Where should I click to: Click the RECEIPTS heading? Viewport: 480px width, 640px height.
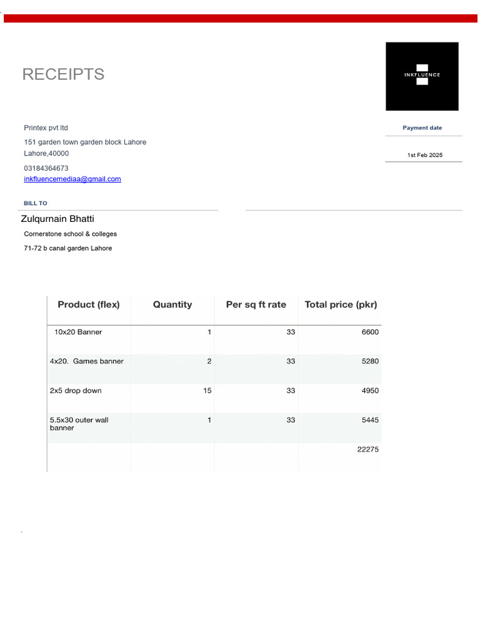coord(63,74)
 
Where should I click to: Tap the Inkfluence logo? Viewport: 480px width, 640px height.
coord(422,76)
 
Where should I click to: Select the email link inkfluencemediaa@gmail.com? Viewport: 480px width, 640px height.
coord(72,179)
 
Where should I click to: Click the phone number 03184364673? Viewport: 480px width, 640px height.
coord(46,168)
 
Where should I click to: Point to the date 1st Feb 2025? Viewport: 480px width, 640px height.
coord(424,155)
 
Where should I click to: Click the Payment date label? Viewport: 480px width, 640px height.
coord(422,127)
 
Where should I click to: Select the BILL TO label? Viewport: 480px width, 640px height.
coord(36,203)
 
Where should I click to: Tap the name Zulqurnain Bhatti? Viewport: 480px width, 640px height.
coord(57,219)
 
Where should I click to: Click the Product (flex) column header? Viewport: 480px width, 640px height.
coord(89,305)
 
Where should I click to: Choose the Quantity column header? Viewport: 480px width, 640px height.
coord(172,305)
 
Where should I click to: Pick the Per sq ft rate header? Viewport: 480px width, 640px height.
coord(256,305)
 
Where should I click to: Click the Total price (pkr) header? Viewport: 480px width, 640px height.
coord(341,305)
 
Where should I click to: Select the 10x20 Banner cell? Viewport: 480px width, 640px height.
coord(78,332)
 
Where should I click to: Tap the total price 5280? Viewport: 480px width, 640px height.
coord(370,361)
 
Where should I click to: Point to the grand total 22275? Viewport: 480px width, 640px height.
coord(367,449)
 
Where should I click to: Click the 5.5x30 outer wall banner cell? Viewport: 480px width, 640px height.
coord(79,424)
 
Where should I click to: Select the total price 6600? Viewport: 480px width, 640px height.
coord(370,332)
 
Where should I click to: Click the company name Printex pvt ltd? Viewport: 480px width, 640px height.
coord(46,128)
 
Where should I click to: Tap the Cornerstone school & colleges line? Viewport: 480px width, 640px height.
coord(70,234)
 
